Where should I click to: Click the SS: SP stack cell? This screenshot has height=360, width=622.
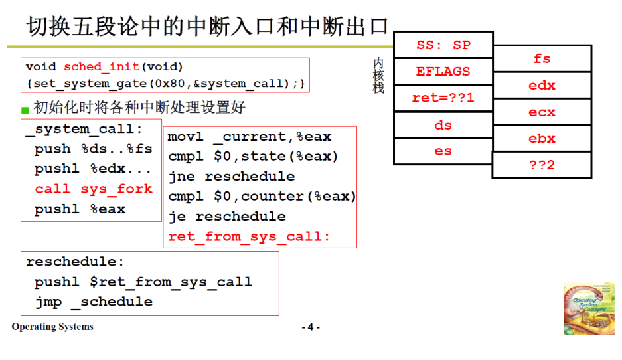coord(443,45)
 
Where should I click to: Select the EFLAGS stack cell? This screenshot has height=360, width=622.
coord(443,72)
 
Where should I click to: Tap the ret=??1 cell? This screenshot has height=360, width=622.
coord(443,98)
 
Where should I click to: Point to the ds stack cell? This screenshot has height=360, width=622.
coord(443,125)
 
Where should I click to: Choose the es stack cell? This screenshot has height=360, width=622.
coord(443,151)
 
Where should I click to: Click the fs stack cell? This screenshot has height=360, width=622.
coord(542,58)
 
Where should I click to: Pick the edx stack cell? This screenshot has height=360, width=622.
coord(542,86)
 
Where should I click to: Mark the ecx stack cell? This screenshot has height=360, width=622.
coord(542,112)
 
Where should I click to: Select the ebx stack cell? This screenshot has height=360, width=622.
coord(542,139)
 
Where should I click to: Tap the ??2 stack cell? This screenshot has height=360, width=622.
coord(542,165)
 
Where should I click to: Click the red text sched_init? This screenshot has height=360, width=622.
coord(102,67)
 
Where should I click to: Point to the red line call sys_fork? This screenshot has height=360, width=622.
coord(94,189)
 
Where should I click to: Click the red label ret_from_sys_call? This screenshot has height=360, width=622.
coord(249,236)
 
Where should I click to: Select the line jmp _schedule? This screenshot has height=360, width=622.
coord(94,302)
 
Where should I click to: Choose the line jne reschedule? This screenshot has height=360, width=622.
coord(231,177)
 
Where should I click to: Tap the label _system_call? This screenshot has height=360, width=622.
coord(84,130)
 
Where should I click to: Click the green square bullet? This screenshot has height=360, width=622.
coord(25,110)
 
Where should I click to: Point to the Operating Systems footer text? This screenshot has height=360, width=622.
coord(52,327)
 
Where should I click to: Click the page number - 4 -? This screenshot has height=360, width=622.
coord(311,327)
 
